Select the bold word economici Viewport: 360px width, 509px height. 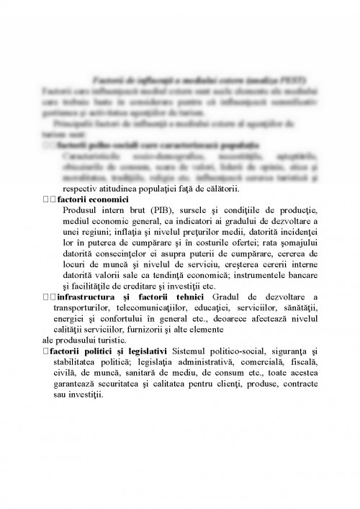[105, 199]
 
